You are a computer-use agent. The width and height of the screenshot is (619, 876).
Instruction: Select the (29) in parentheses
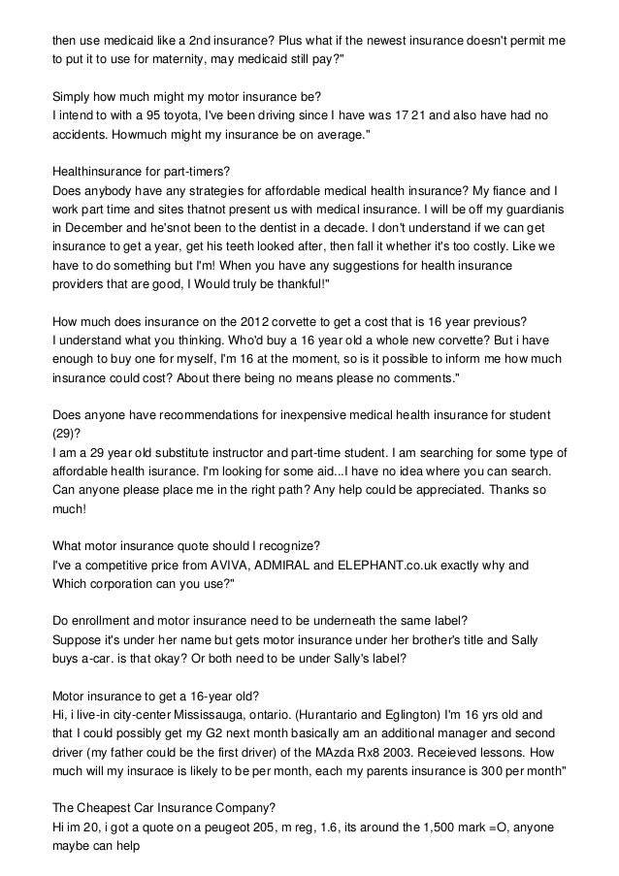(x=65, y=433)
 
